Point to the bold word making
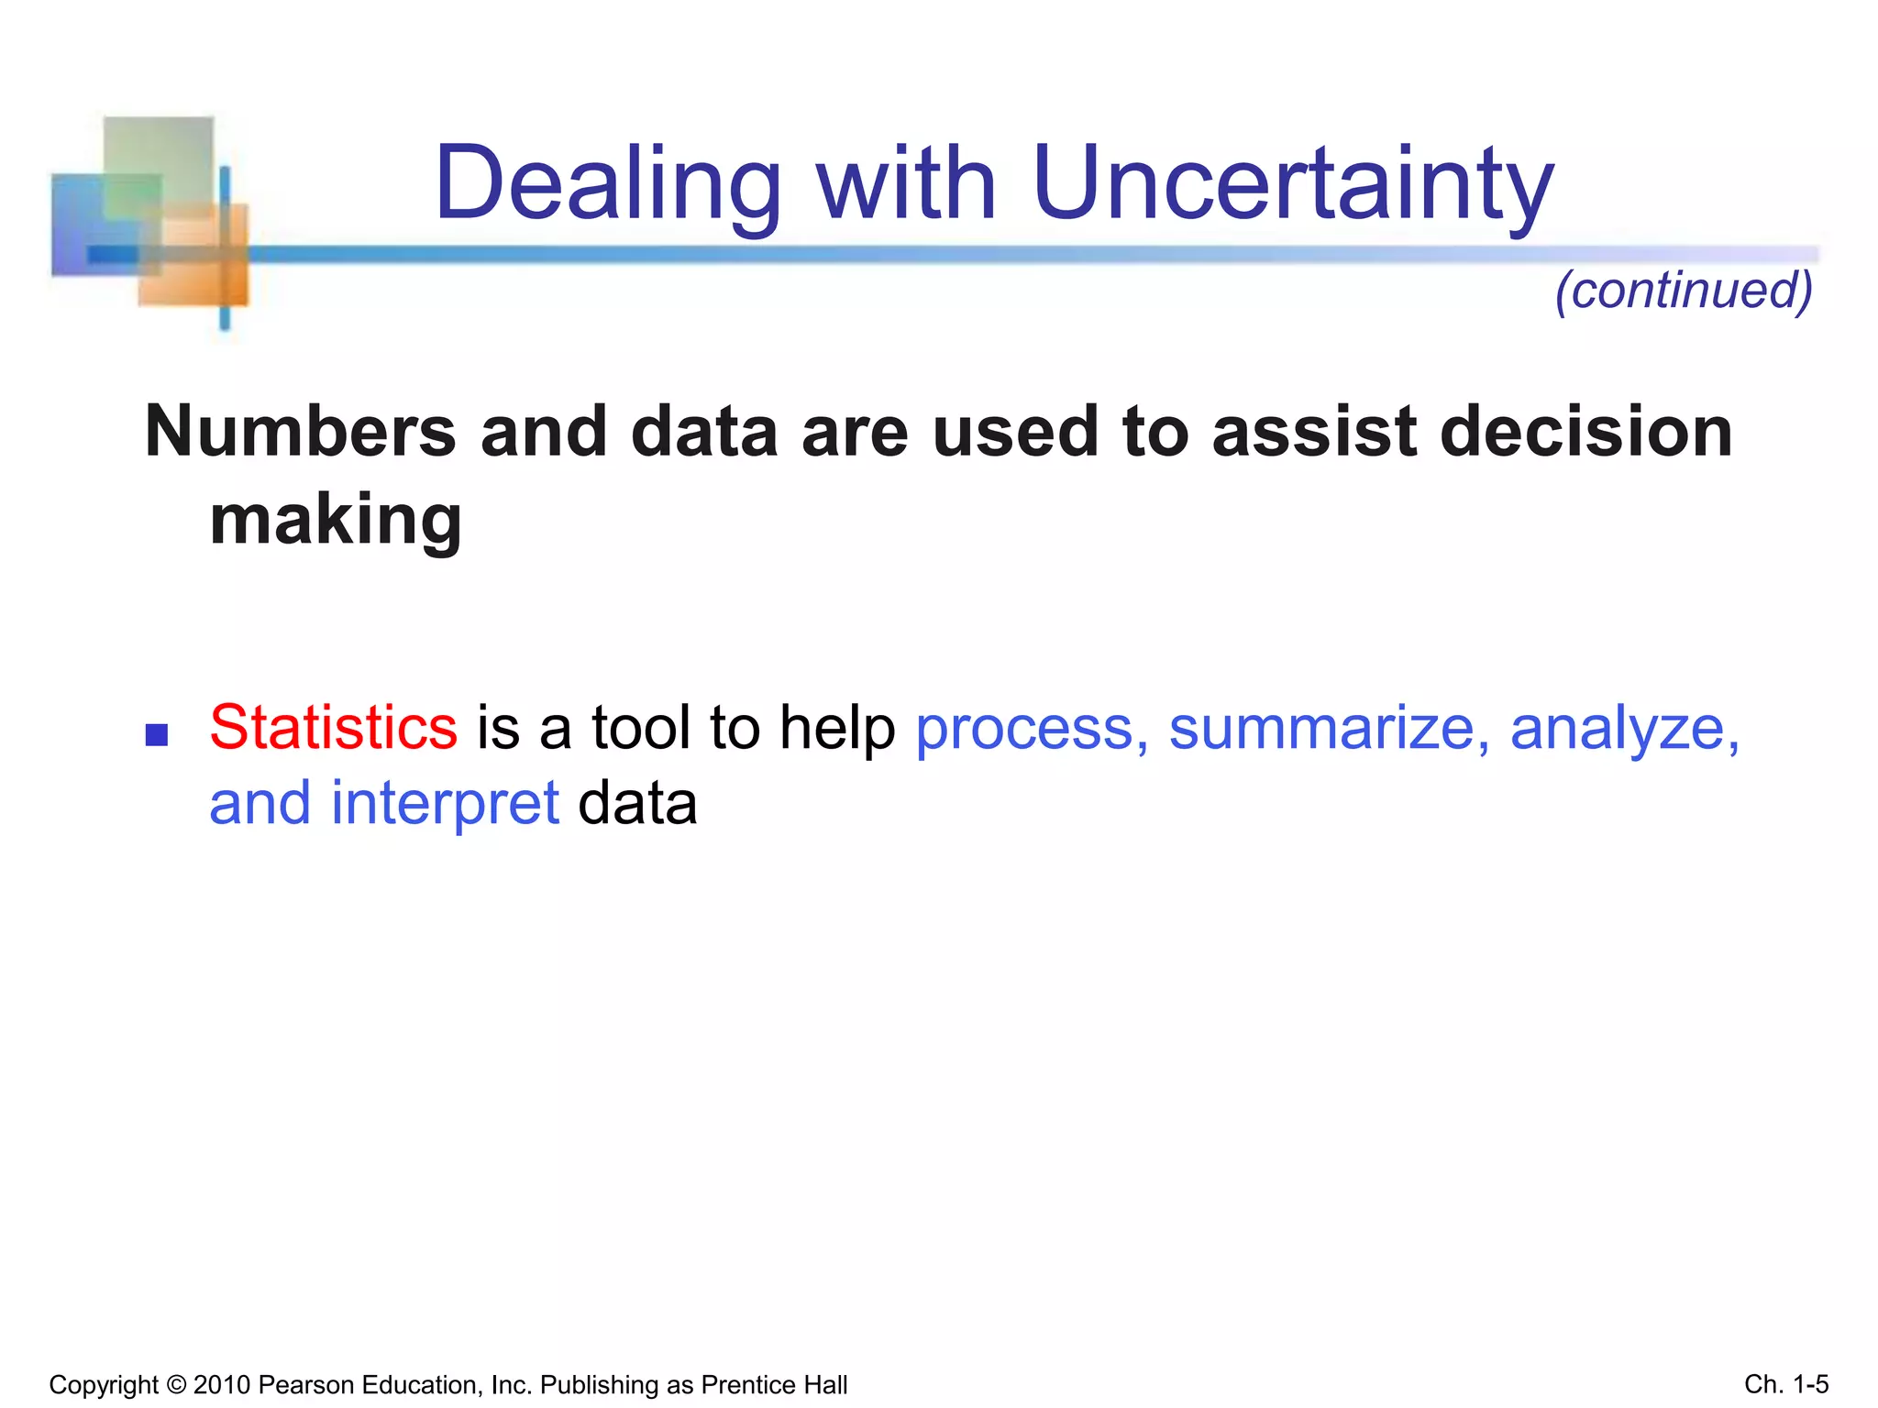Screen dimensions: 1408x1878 click(336, 519)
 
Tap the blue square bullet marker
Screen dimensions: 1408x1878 click(157, 734)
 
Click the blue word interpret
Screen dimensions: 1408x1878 click(445, 804)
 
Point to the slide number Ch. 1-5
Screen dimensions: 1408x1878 click(1786, 1384)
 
